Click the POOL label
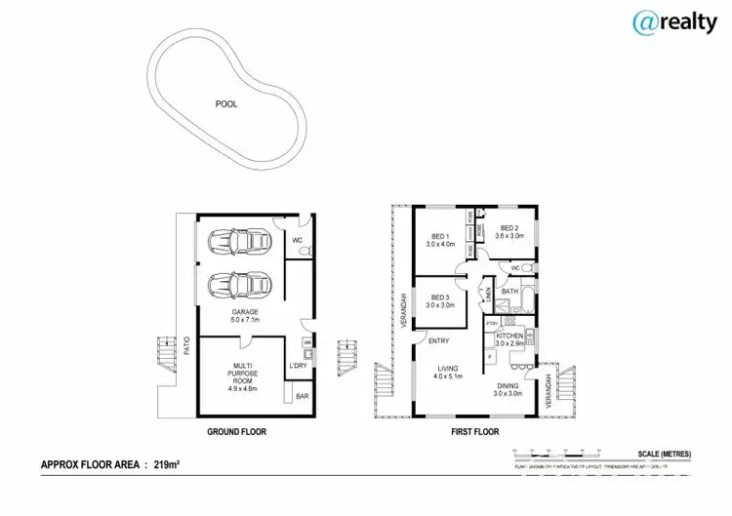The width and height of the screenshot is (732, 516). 226,103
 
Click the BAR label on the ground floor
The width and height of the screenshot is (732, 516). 302,398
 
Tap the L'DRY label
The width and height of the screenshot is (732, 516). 299,366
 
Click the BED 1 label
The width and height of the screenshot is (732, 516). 441,240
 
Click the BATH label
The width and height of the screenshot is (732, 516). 509,291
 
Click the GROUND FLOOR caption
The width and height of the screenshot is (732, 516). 236,431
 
